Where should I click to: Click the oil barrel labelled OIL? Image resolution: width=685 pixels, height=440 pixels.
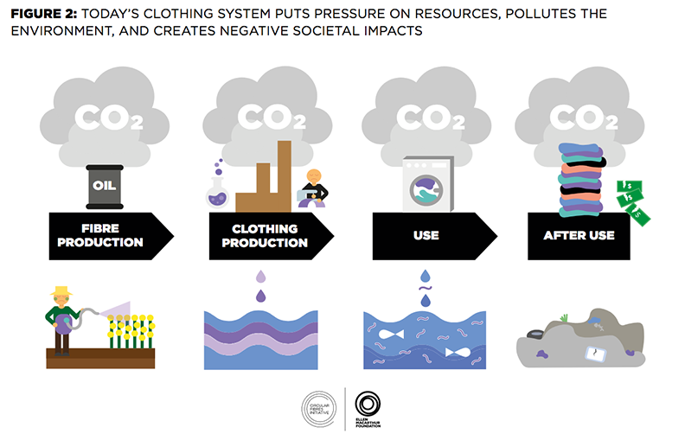pos(106,186)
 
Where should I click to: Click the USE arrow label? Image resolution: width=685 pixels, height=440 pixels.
pos(426,235)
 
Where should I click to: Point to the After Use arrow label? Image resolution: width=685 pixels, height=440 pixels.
pos(579,235)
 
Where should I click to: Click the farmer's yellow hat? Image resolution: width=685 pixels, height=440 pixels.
pos(61,291)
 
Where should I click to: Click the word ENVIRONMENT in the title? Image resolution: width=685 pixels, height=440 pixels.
pos(54,29)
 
